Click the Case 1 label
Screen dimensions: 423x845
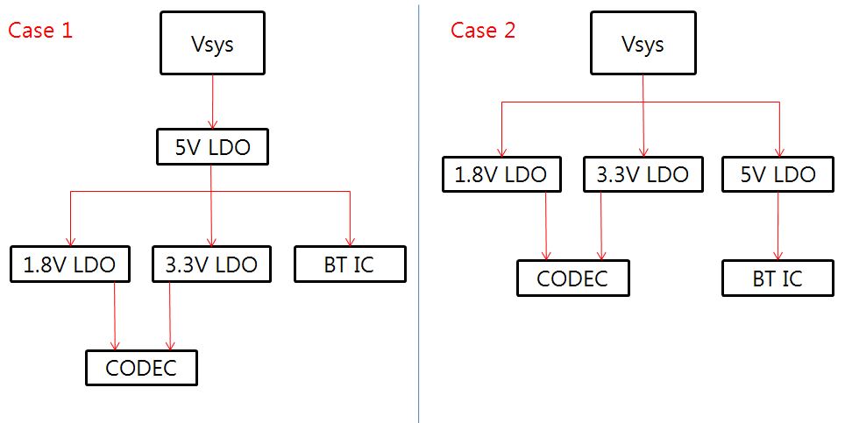coord(40,30)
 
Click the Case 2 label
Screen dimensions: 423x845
coord(483,30)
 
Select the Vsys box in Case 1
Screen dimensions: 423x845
coord(211,43)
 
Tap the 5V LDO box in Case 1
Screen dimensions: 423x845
coord(211,147)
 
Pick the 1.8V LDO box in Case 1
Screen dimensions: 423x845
coord(70,264)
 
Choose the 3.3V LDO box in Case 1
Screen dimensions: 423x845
coord(211,264)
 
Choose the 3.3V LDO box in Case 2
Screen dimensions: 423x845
coord(642,173)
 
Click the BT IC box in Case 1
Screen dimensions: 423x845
coord(350,264)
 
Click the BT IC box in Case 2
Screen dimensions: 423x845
coord(777,278)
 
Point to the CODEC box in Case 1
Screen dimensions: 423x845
coord(141,367)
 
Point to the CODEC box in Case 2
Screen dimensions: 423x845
coord(572,278)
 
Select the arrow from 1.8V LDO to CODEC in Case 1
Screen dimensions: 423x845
coord(115,315)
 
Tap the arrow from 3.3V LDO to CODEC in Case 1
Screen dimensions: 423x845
coord(169,315)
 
